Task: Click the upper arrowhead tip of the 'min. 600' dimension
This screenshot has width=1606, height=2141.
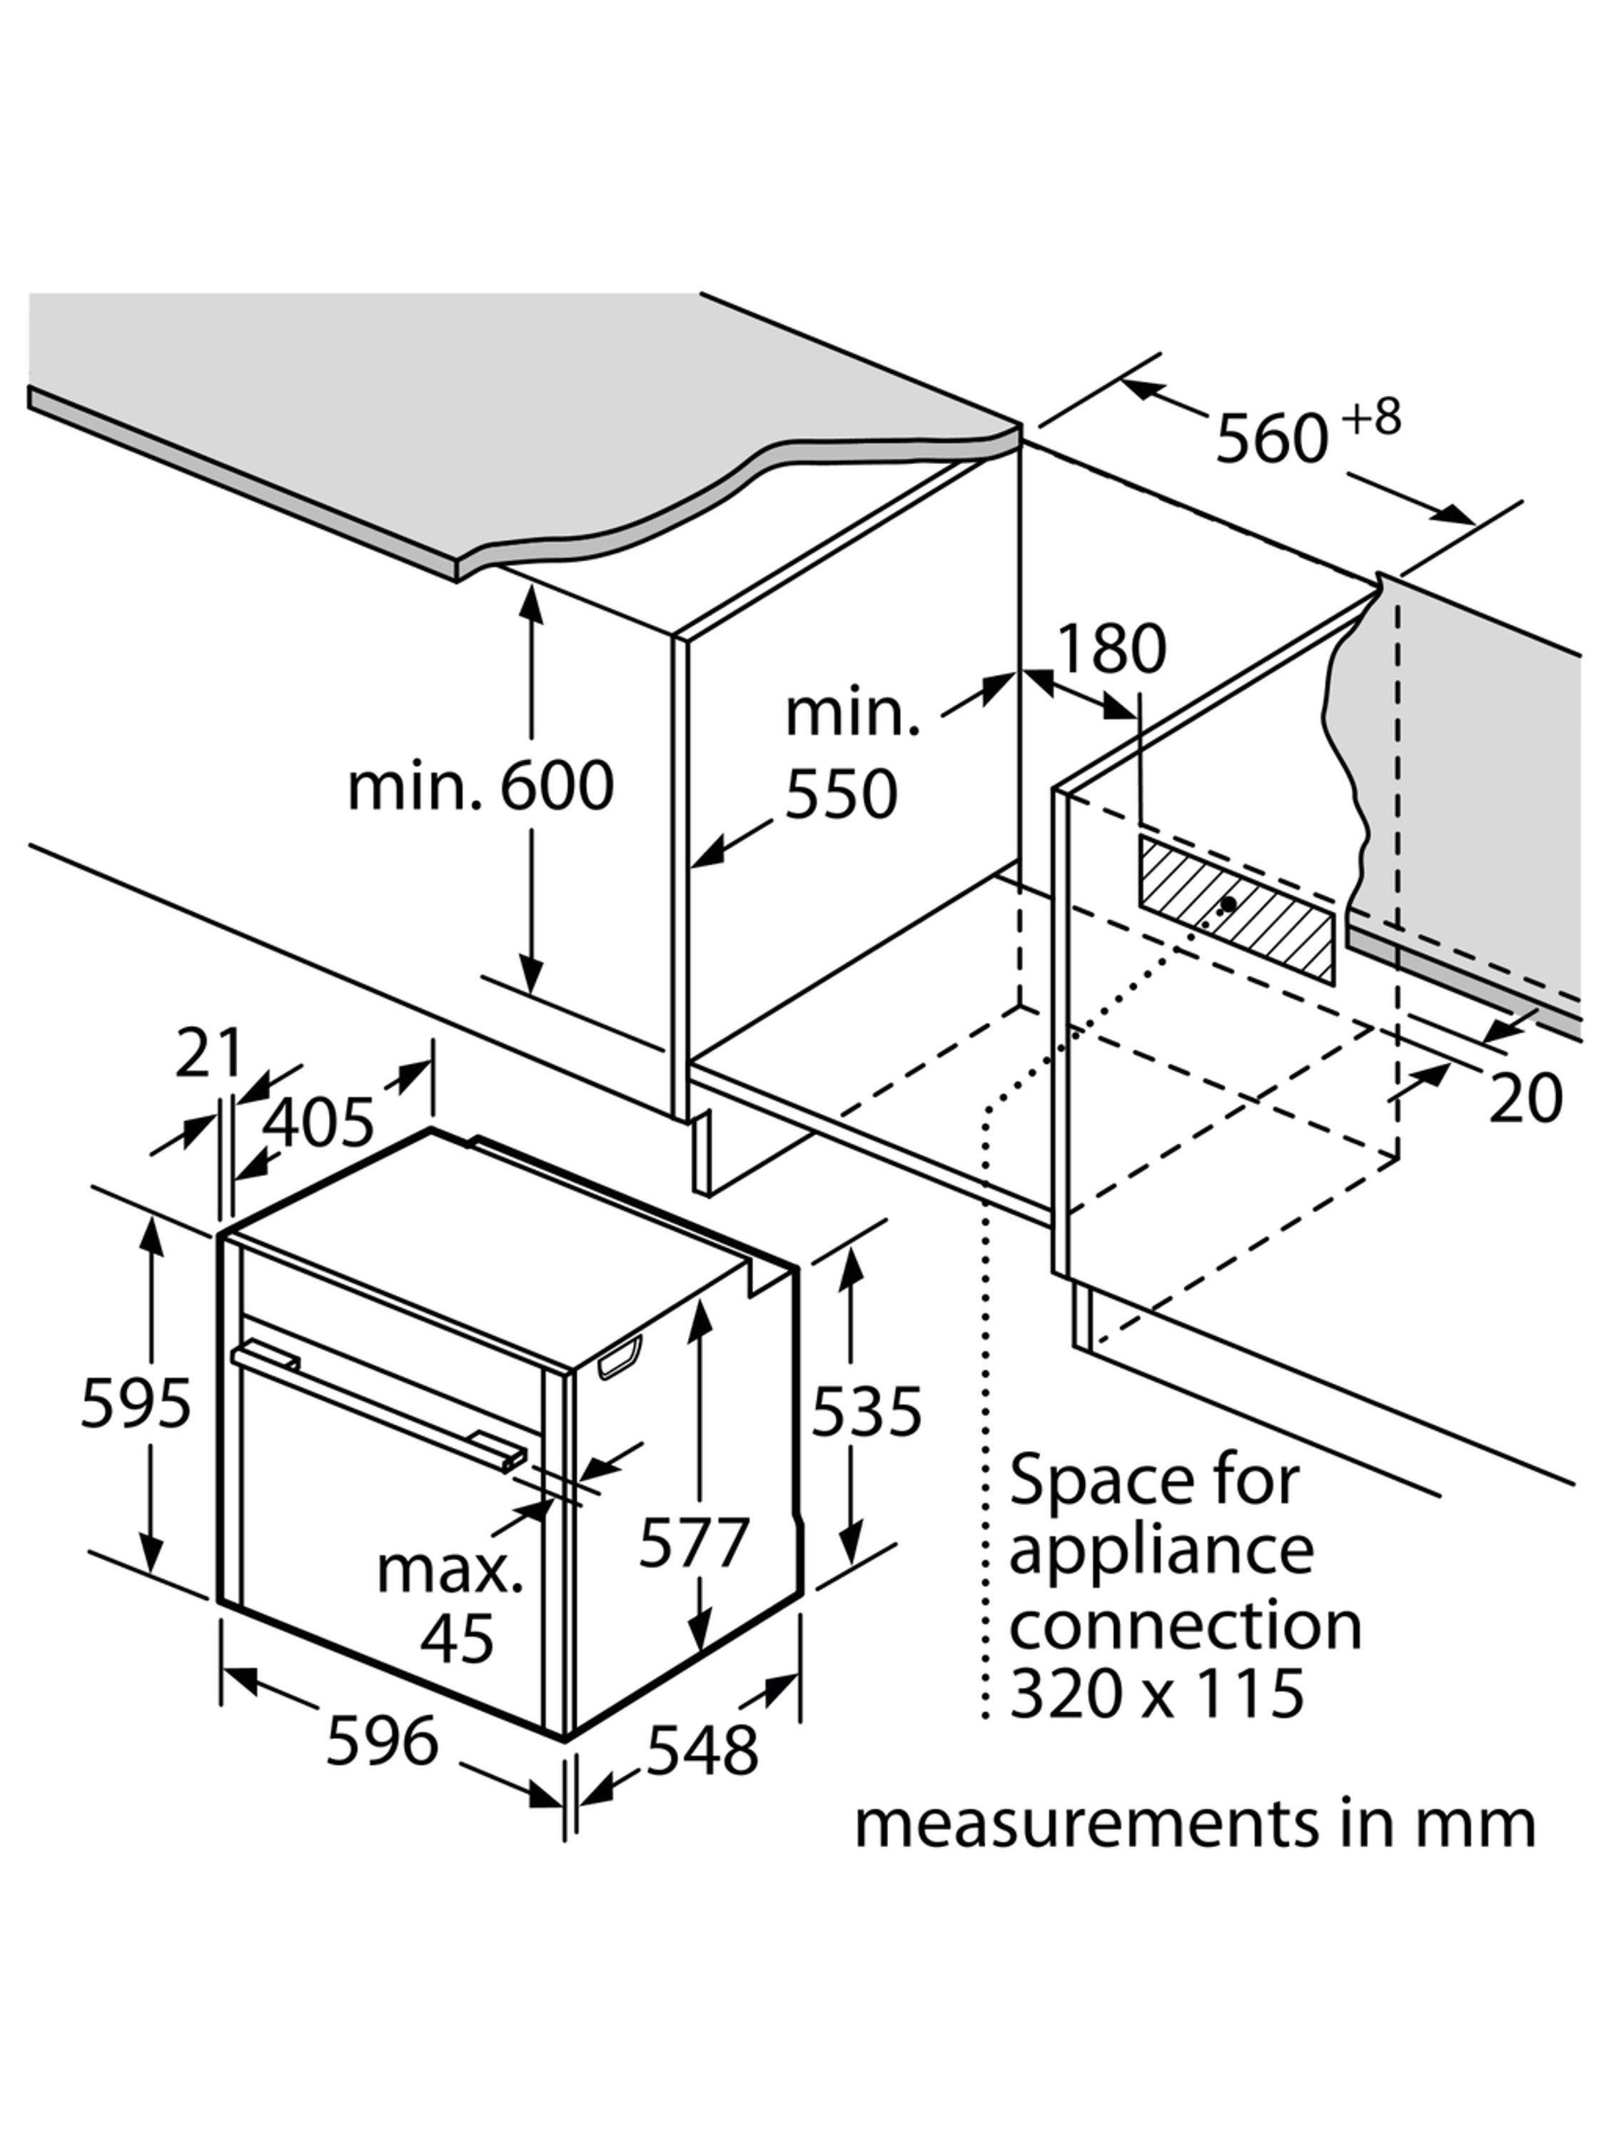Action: coord(530,587)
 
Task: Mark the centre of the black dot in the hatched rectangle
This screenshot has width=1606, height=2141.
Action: coord(1228,903)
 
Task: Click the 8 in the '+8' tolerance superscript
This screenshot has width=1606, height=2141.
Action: coord(1386,418)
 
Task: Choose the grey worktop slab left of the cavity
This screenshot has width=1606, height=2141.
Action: coord(503,435)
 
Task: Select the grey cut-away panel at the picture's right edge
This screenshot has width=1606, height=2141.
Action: coord(1471,804)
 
